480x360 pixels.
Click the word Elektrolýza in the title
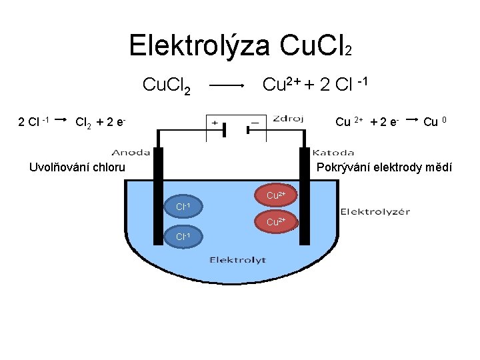click(199, 45)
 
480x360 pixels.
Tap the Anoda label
click(131, 151)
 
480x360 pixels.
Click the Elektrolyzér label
click(375, 212)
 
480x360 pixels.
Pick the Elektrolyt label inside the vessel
click(238, 259)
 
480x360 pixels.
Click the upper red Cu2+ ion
click(275, 196)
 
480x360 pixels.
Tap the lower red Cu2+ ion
click(275, 221)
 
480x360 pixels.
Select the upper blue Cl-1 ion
click(183, 208)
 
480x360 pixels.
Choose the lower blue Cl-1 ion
click(183, 237)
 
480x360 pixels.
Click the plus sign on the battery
click(215, 123)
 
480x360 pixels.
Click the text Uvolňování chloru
click(77, 167)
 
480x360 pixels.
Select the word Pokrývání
click(349, 167)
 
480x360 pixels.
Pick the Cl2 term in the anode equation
click(84, 122)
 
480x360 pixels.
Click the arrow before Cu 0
click(412, 120)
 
